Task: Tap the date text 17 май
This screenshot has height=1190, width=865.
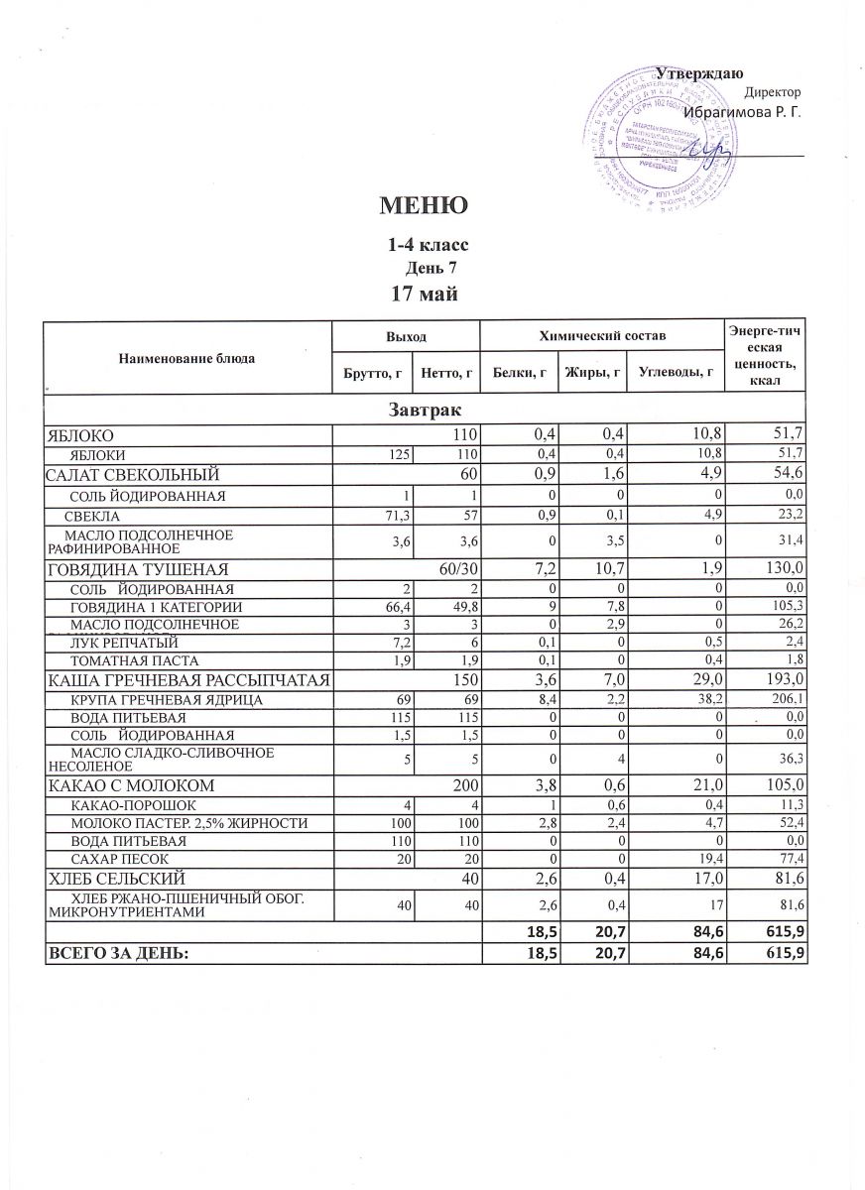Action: pos(425,294)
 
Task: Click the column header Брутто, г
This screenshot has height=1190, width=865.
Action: pos(371,372)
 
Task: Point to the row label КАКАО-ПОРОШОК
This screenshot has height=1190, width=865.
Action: pos(133,804)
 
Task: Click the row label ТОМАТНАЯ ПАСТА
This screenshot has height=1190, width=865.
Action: pos(134,659)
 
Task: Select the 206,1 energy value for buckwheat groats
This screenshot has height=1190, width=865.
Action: pos(784,701)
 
